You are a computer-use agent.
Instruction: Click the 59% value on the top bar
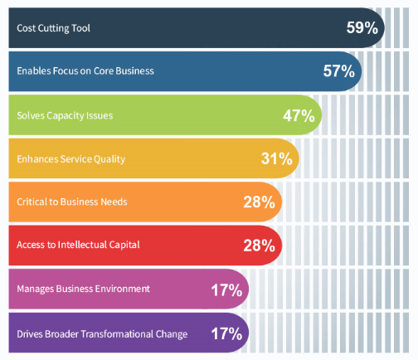point(362,27)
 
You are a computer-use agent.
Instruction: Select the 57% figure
point(339,71)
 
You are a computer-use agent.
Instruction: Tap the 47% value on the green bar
point(299,115)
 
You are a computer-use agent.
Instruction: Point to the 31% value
point(277,158)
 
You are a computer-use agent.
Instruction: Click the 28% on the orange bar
point(260,202)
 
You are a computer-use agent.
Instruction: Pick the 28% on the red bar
point(260,246)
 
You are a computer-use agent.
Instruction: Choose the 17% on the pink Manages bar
point(226,290)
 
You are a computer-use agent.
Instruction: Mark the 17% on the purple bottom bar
point(226,333)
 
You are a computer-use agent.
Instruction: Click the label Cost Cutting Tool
point(53,28)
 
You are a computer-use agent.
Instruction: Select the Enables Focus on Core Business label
point(85,71)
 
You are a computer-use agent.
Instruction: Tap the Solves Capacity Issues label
point(65,115)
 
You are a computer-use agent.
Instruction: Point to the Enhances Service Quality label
point(71,159)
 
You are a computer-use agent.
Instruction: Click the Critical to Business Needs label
point(72,202)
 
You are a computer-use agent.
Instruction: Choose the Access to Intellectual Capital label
point(78,245)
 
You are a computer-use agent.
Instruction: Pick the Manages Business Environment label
point(83,289)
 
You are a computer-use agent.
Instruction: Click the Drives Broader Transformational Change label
point(102,334)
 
